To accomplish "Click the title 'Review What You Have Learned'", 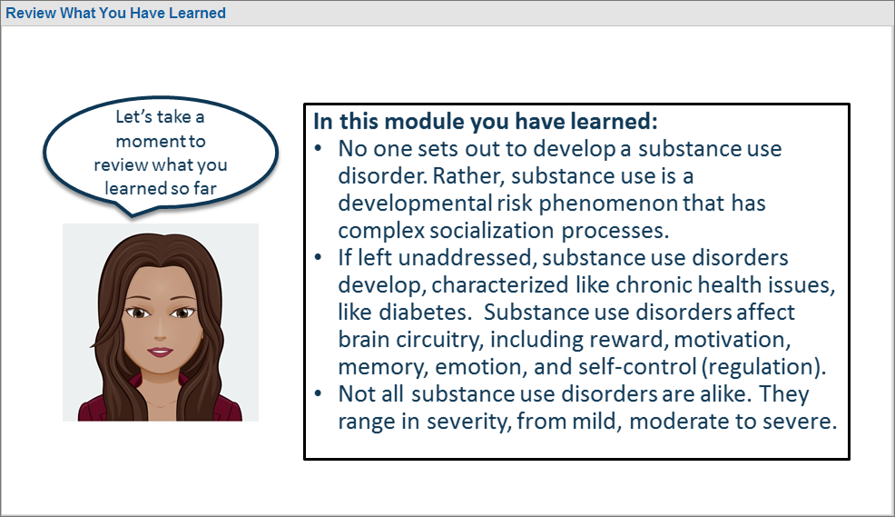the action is pos(116,13).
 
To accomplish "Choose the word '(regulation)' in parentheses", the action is pos(763,367).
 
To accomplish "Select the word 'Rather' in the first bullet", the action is pos(468,176).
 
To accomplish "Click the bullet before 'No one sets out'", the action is pos(319,149).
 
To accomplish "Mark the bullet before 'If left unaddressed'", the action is pos(319,258).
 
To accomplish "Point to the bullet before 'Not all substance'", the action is pos(319,394).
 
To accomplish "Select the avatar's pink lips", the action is pos(161,352).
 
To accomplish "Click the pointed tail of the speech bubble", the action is pos(132,216).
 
